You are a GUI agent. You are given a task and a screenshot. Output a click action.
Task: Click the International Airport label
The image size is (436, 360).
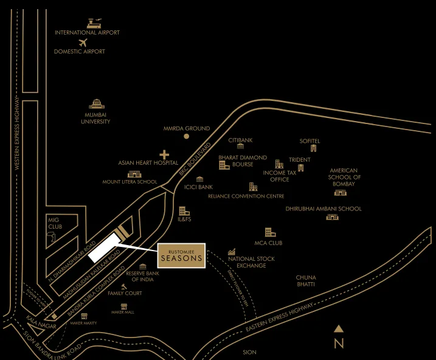pos(87,32)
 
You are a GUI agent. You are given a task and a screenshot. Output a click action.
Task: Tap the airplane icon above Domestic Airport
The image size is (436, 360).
pos(83,43)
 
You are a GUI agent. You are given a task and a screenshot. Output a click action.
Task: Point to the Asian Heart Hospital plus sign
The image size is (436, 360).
pos(164,155)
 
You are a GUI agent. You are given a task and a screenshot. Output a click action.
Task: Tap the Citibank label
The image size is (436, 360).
pos(240,140)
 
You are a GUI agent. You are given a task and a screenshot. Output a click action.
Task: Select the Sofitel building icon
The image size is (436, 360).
pos(314,148)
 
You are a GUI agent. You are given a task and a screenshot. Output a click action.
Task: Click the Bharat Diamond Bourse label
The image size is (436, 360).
pos(243,161)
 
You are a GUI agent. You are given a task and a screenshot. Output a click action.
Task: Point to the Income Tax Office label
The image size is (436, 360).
pos(280,176)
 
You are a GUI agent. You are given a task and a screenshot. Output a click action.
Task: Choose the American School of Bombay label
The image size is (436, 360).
pos(344,177)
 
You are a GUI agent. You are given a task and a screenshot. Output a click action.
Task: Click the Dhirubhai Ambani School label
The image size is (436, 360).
pos(324,209)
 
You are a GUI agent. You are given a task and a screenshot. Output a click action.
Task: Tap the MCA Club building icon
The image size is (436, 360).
pos(270,232)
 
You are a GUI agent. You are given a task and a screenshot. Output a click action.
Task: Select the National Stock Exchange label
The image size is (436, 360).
pos(251,262)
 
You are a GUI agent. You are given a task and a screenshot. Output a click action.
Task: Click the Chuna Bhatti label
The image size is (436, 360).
pos(306,281)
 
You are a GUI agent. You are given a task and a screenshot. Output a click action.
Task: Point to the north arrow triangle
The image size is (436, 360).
pos(339,329)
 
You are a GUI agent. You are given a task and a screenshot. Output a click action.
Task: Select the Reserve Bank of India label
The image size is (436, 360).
pos(143,276)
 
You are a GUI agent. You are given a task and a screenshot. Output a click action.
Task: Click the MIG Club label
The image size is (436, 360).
pos(55,224)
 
